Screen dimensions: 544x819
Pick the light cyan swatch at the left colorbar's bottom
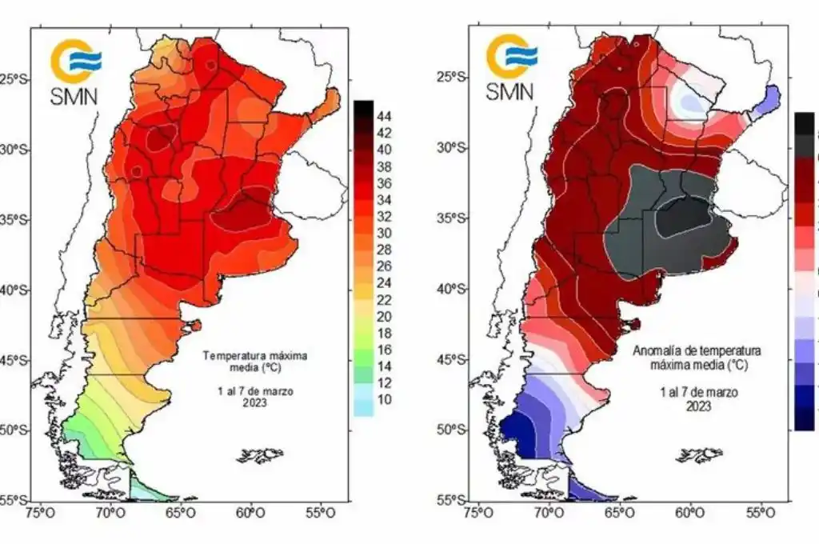pos(363,406)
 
